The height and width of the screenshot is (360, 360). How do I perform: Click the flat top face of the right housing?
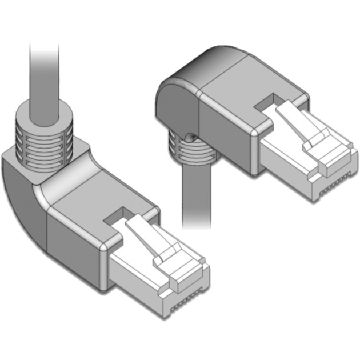240,86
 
